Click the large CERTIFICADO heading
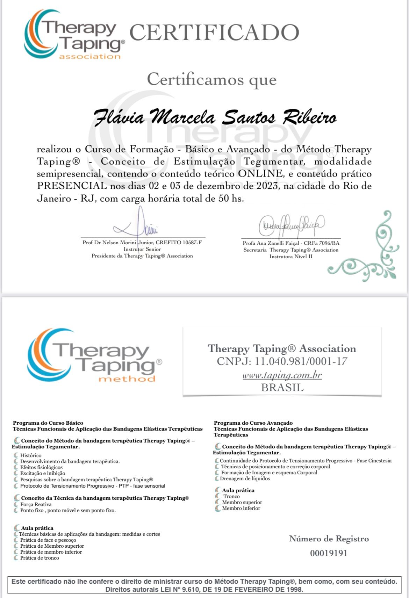coord(214,33)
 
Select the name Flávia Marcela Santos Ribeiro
coord(215,117)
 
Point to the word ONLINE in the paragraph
coord(261,174)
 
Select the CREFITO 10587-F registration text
coord(179,242)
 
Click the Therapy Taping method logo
coord(94,356)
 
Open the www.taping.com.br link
coord(282,375)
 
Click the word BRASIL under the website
coord(282,388)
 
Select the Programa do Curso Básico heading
coord(48,423)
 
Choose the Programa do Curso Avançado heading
coord(253,423)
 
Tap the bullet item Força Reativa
coord(36,504)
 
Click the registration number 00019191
coord(329,553)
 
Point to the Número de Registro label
coord(329,539)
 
